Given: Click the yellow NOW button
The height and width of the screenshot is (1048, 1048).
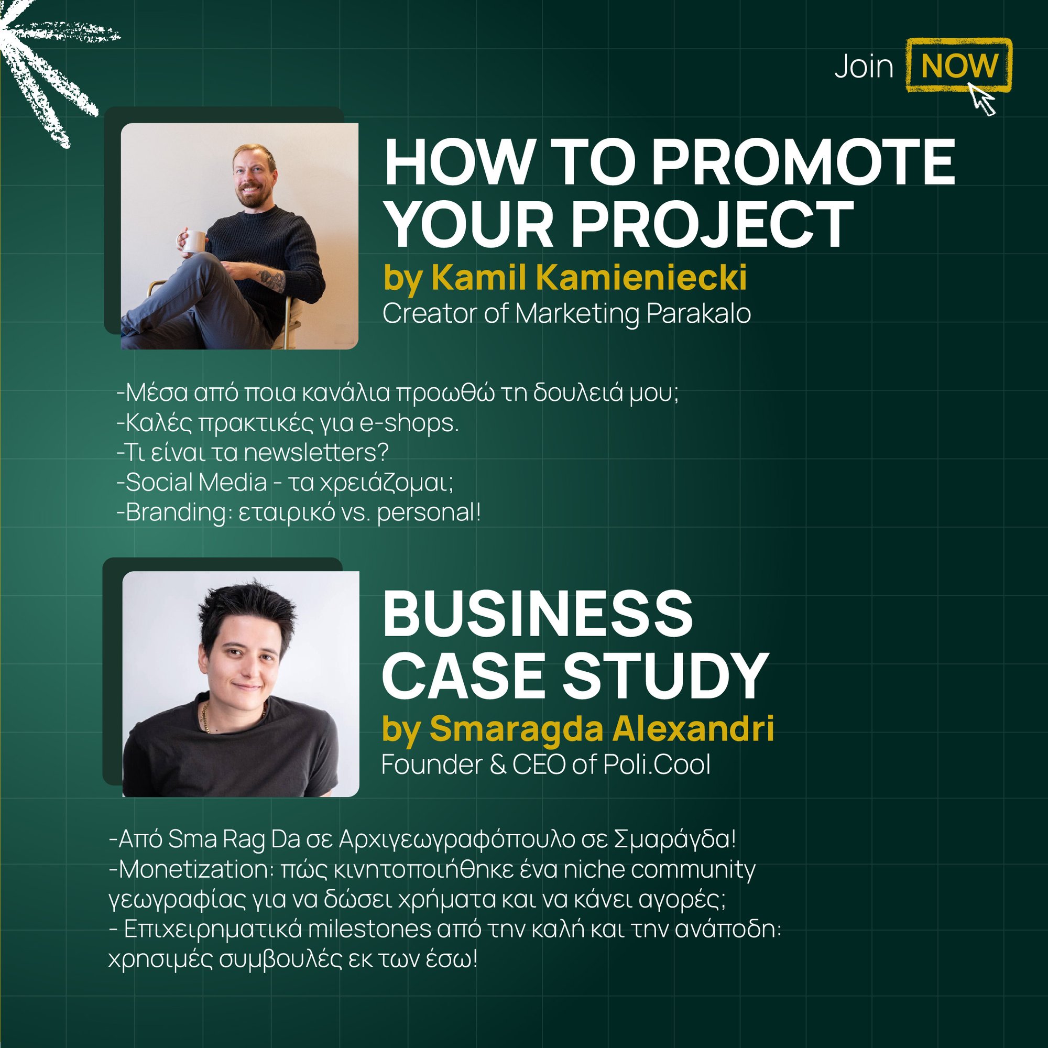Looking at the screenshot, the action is [x=958, y=65].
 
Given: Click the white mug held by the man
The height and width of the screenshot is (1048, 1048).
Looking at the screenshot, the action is [x=194, y=242].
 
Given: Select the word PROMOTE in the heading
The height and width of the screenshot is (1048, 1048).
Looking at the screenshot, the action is [x=803, y=163].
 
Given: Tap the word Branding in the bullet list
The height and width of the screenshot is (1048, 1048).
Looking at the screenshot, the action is [x=175, y=512].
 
